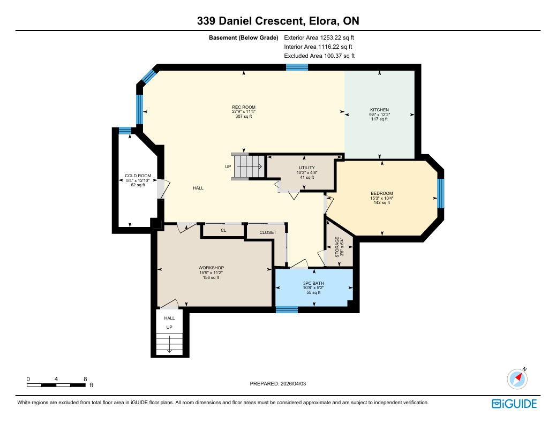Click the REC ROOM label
[x=244, y=107]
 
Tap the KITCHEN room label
[x=379, y=110]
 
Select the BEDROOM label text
[x=382, y=193]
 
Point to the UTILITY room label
[x=307, y=168]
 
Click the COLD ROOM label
[x=138, y=176]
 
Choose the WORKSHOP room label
[x=211, y=268]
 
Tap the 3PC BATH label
[x=313, y=283]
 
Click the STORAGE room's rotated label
[x=337, y=247]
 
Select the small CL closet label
[x=223, y=230]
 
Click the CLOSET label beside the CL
[x=268, y=232]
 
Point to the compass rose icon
[x=517, y=378]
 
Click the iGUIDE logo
[x=514, y=404]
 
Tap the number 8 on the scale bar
[x=85, y=379]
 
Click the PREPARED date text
[x=277, y=384]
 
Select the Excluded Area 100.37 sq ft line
[x=319, y=56]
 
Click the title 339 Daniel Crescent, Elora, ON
[x=278, y=21]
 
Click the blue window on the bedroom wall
[x=440, y=194]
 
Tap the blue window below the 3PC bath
[x=287, y=310]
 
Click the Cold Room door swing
[x=164, y=188]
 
